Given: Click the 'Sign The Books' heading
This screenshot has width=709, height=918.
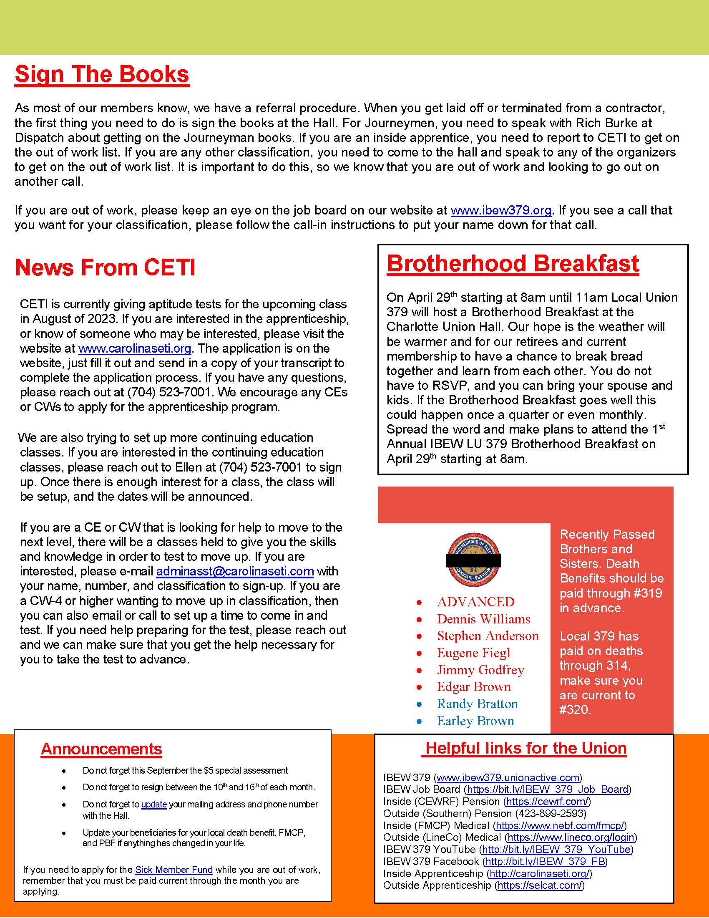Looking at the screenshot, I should tap(102, 74).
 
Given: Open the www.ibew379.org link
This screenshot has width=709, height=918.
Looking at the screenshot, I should tap(501, 210).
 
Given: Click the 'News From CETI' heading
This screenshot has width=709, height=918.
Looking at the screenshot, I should tap(105, 267).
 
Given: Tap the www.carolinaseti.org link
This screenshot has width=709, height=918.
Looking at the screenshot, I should tap(135, 348).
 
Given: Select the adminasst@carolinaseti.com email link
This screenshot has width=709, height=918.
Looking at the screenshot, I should tap(235, 571).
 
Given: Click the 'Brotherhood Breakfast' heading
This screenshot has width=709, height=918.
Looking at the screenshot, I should tap(513, 264).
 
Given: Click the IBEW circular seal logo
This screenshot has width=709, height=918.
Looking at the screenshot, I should tap(473, 560).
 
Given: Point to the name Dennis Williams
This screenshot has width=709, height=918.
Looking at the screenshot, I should tap(483, 619).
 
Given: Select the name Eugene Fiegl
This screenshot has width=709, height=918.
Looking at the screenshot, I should tap(473, 653).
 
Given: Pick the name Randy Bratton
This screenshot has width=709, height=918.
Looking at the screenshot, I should tap(477, 704).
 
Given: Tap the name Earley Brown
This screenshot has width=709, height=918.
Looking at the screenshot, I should tap(475, 721).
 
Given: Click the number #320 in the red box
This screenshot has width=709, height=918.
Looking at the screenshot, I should tap(575, 710).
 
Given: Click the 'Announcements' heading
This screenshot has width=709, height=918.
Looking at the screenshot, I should tap(101, 749).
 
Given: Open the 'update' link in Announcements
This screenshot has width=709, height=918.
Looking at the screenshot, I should tap(154, 804).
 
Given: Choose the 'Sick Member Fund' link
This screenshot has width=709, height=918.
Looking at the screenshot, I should tap(173, 870).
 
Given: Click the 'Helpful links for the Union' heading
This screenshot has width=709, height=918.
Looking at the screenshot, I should tap(525, 748).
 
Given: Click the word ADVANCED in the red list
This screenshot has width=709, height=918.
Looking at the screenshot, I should tap(475, 602).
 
